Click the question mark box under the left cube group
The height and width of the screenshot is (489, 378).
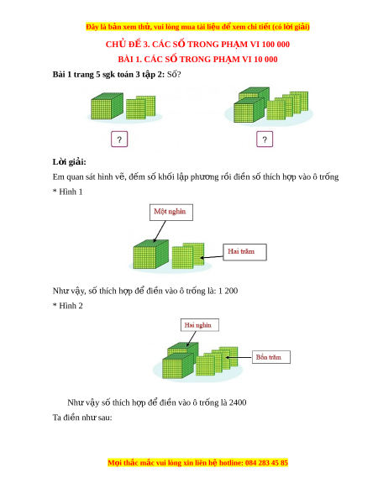tap(119, 139)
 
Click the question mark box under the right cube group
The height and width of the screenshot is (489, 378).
tap(265, 139)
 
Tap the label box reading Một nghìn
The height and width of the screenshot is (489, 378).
tap(171, 212)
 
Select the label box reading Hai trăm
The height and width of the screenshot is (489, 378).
tap(244, 252)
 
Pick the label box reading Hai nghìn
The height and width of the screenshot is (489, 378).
tap(200, 325)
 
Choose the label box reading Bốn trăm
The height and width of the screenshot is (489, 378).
tap(271, 357)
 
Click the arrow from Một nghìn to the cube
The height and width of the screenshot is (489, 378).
tap(160, 231)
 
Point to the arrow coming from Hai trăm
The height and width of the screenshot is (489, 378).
tap(212, 257)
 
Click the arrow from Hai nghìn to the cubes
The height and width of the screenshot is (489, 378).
tap(192, 339)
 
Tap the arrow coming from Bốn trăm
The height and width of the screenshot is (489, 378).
tap(239, 357)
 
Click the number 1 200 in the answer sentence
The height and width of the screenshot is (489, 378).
tap(228, 291)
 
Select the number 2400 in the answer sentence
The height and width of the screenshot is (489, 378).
tap(238, 402)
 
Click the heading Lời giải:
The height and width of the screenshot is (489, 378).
tap(69, 162)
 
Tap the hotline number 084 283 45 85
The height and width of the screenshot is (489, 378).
tap(266, 462)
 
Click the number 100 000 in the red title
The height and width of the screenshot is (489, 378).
tap(276, 45)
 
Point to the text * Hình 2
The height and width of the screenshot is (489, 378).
tap(68, 306)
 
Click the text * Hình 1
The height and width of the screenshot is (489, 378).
tap(68, 192)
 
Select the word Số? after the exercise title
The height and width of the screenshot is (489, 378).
tap(174, 75)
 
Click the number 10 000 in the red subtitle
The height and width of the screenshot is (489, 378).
tap(265, 60)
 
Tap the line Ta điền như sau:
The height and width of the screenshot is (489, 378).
tap(82, 418)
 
